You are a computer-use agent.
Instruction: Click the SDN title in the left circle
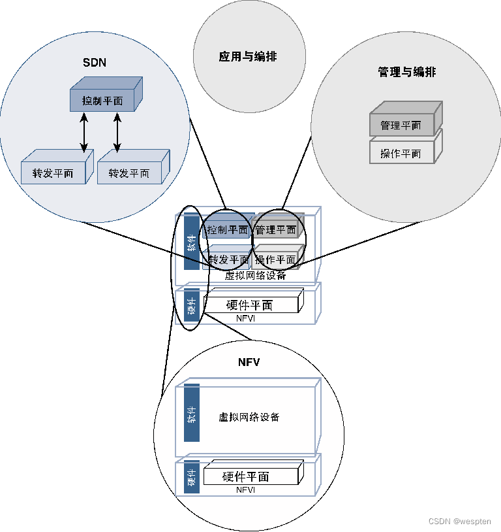[95, 63]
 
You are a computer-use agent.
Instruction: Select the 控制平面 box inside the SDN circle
[102, 101]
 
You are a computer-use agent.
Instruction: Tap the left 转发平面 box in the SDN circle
[53, 173]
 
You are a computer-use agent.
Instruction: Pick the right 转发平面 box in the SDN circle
[129, 173]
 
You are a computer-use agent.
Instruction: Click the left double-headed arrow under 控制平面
[84, 133]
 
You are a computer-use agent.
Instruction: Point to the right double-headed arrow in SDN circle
[117, 133]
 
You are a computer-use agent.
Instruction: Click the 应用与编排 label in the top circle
[248, 57]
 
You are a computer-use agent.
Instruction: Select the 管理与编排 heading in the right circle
[406, 72]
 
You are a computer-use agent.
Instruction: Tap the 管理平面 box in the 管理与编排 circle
[401, 125]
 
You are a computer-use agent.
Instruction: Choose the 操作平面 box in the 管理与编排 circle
[401, 154]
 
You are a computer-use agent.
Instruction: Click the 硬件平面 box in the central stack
[250, 305]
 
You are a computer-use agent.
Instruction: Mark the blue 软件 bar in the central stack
[192, 242]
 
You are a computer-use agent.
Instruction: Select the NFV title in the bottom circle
[249, 362]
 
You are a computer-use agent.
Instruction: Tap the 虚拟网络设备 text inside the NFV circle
[249, 417]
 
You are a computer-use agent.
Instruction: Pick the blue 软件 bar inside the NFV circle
[192, 413]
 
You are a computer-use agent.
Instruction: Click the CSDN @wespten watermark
[459, 521]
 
